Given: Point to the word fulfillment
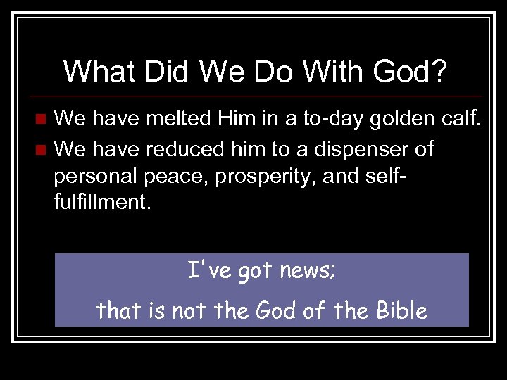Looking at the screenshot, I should pos(101,202).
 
